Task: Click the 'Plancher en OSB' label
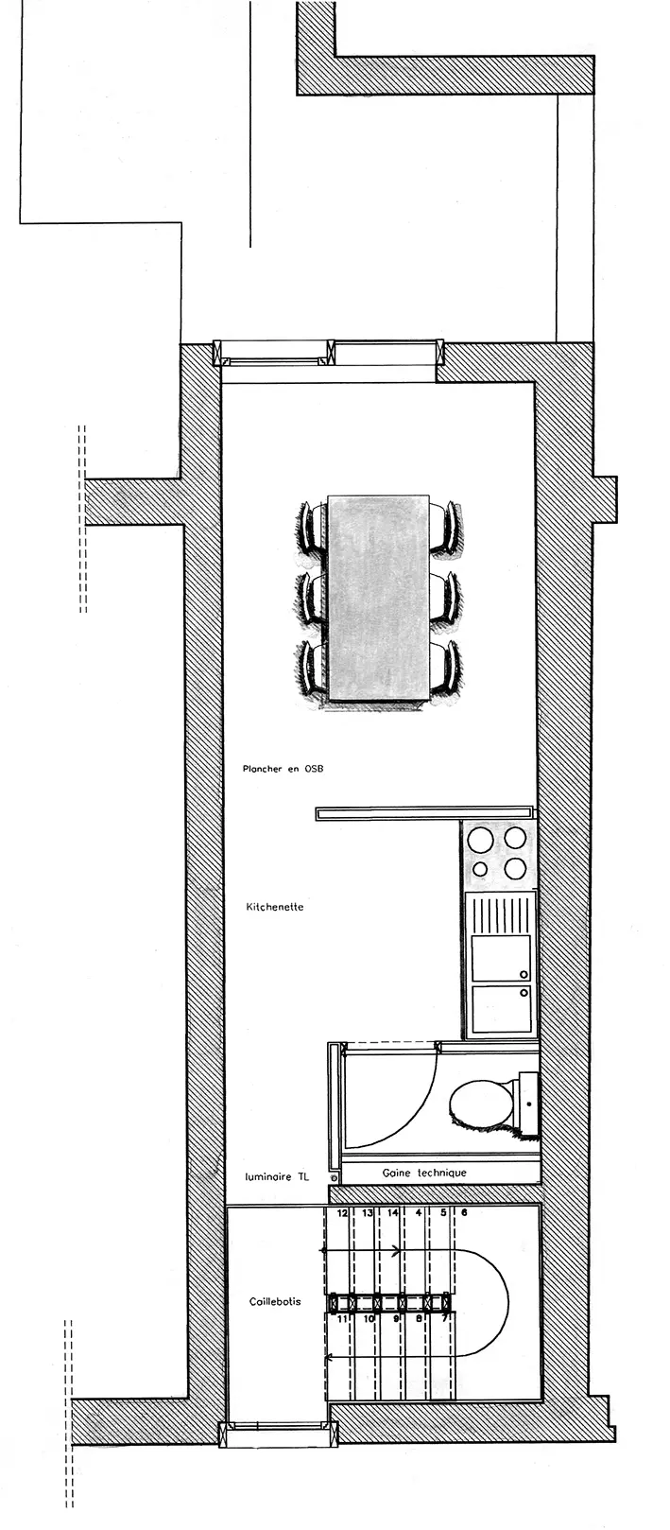pyautogui.click(x=283, y=769)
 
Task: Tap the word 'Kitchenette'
pyautogui.click(x=274, y=907)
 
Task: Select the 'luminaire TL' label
pyautogui.click(x=276, y=1177)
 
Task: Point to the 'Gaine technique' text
pyautogui.click(x=424, y=1173)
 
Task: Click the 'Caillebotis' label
pyautogui.click(x=275, y=1302)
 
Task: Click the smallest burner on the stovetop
pyautogui.click(x=480, y=869)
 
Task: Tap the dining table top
pyautogui.click(x=378, y=598)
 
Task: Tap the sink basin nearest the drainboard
pyautogui.click(x=502, y=959)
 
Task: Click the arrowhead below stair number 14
pyautogui.click(x=396, y=1251)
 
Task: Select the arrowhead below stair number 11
pyautogui.click(x=329, y=1356)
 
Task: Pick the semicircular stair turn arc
pyautogui.click(x=507, y=1303)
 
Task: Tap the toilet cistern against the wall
pyautogui.click(x=528, y=1103)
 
